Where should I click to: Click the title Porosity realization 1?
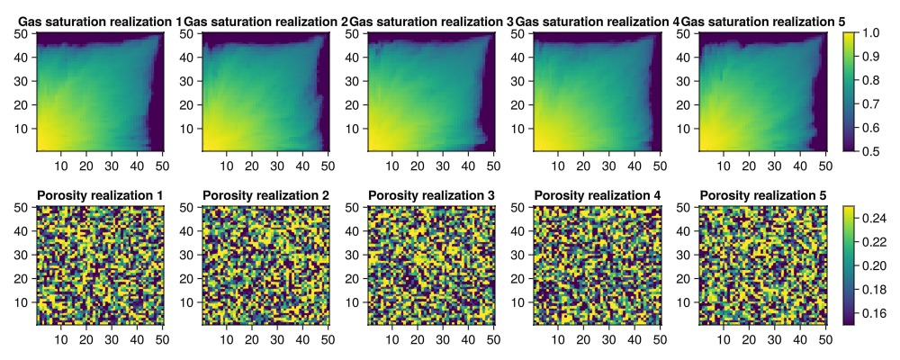click(x=100, y=195)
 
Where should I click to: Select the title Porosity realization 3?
click(x=431, y=195)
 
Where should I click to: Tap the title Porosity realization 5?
click(x=762, y=195)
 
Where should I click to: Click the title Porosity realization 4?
click(x=597, y=195)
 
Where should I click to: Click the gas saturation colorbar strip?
click(x=848, y=91)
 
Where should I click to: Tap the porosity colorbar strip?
click(x=848, y=265)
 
